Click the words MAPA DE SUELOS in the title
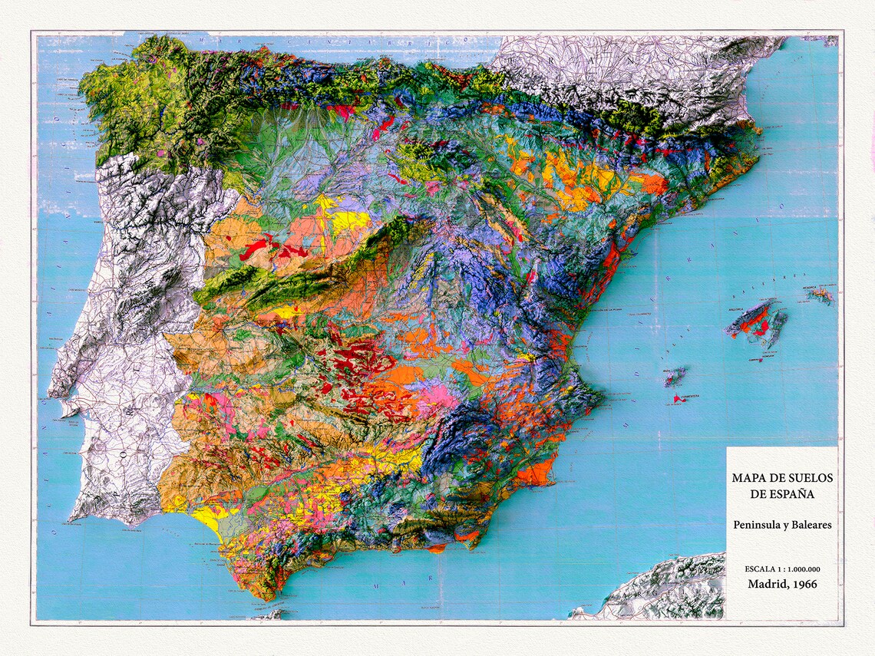781,478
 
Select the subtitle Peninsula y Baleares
781,525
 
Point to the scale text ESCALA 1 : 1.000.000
781,569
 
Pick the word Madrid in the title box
769,584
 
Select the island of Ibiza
675,376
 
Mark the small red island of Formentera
678,399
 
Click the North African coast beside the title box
668,587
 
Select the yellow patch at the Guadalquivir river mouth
209,519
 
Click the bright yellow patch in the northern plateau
349,222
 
